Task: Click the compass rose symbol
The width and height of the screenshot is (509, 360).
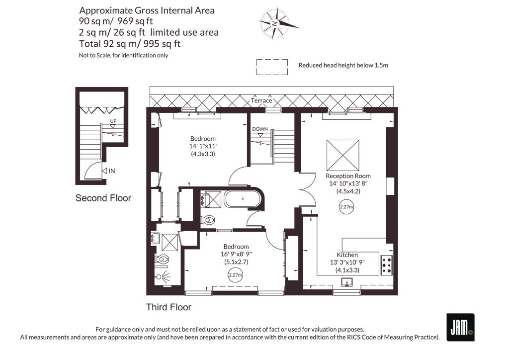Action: coord(276,24)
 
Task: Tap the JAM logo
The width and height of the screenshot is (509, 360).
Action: coord(460,327)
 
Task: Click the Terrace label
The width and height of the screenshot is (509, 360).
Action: coord(261,100)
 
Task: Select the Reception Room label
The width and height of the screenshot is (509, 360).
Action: coord(348,176)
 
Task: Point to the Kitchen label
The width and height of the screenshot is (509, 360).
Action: coord(347,255)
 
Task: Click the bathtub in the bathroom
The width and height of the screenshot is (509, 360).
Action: coord(243,199)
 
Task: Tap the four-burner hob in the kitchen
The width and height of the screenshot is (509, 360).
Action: coord(386,265)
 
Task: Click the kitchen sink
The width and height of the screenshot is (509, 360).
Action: coord(347,282)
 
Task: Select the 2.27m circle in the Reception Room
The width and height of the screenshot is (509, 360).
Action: coord(346,207)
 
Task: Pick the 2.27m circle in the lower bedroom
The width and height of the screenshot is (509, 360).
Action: coord(235,275)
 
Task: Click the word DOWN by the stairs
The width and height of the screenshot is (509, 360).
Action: coord(260,129)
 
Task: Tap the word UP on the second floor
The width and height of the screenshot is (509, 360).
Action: coord(113,121)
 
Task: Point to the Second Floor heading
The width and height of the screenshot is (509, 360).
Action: coord(103,198)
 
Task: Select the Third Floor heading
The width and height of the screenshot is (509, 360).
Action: coord(169,307)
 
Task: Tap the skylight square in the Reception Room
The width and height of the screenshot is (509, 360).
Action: coord(343,155)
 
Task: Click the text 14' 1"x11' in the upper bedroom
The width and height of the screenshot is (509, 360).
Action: coord(203,146)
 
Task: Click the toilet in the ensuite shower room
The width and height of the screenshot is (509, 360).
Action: coord(163,260)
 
